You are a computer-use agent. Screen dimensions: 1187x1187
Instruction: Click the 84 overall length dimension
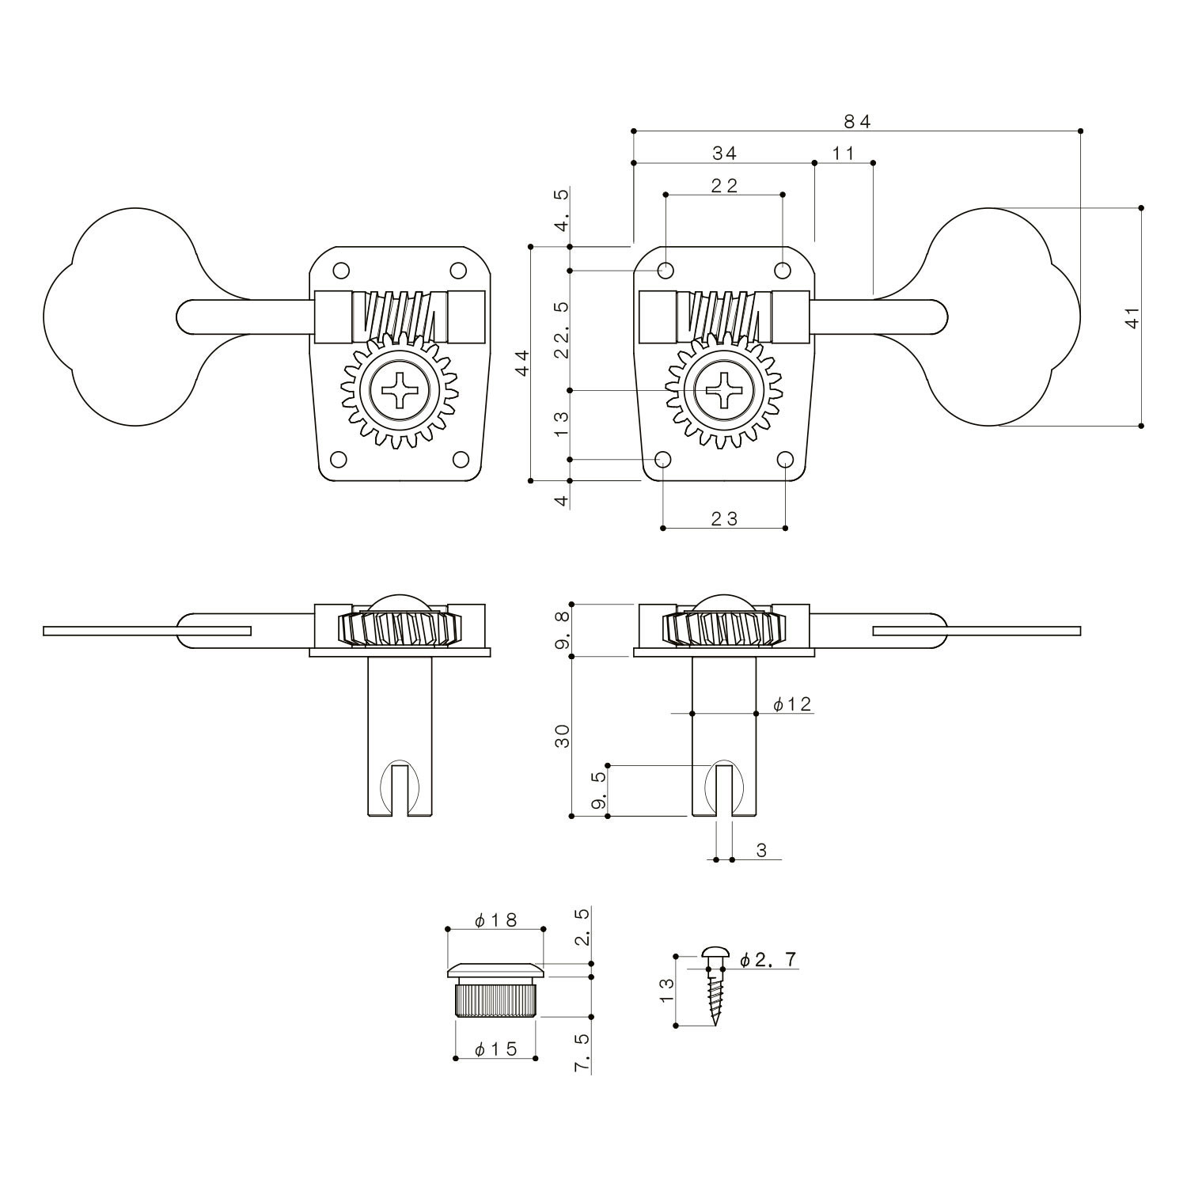click(x=856, y=121)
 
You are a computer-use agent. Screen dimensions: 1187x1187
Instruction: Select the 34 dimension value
click(x=723, y=153)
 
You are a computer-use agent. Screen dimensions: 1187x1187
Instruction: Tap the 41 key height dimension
click(x=1132, y=317)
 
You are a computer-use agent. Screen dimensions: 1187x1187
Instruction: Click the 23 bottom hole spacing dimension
click(x=723, y=518)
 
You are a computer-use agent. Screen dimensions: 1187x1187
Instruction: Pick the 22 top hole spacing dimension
click(x=723, y=185)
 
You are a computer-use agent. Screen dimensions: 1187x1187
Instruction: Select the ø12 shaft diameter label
click(x=792, y=704)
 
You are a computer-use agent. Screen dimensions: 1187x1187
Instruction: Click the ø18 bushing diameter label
click(x=495, y=920)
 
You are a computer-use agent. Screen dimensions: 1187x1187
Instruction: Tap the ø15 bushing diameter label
click(x=495, y=1049)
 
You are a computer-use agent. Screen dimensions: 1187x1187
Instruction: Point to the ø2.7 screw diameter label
click(x=768, y=960)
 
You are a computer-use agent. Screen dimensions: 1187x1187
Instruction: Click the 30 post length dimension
click(x=563, y=736)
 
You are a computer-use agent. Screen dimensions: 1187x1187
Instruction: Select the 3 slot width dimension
click(x=761, y=851)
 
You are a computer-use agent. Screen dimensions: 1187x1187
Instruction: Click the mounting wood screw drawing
click(x=715, y=985)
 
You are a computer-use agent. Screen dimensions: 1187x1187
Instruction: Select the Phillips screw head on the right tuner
click(x=723, y=390)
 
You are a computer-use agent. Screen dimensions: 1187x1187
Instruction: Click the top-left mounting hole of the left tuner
click(x=341, y=271)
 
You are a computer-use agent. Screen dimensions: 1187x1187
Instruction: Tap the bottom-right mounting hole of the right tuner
click(x=785, y=460)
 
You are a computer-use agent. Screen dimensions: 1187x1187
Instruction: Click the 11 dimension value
click(x=844, y=153)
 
